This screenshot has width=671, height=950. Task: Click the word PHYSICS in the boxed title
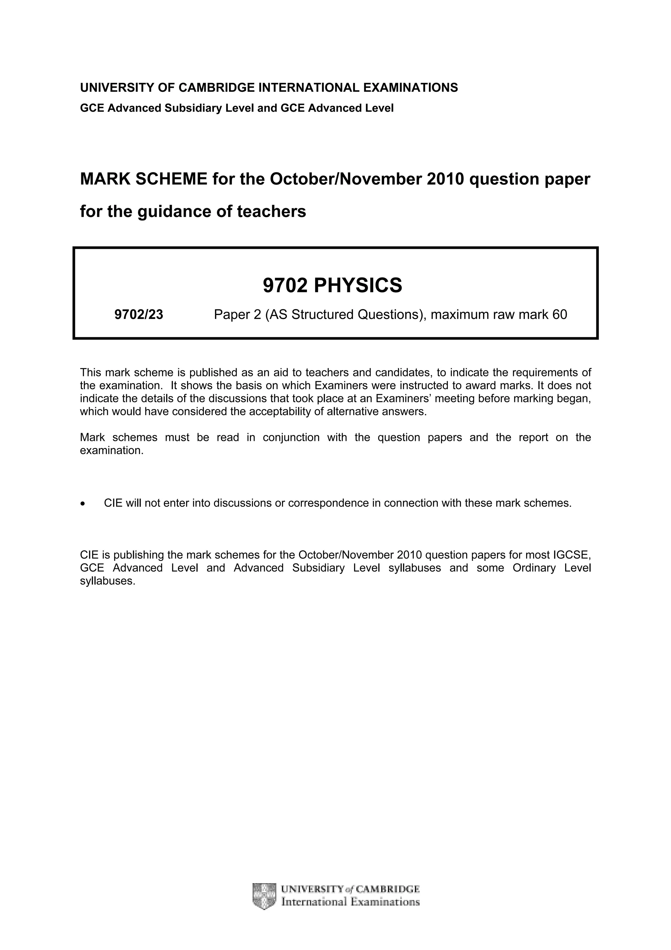click(358, 286)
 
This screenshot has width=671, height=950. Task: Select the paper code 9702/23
click(139, 315)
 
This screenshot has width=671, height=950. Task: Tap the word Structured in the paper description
click(322, 315)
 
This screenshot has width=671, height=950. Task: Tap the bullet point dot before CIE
click(83, 504)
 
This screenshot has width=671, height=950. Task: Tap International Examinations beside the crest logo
click(350, 902)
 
